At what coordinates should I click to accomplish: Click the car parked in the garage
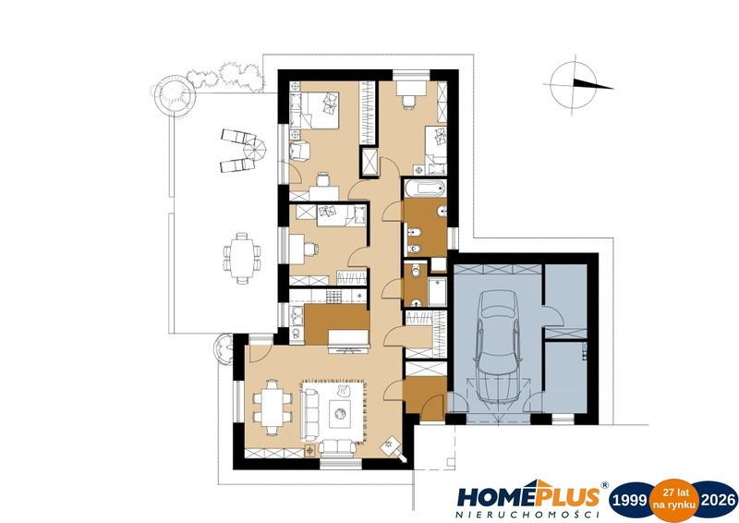pyautogui.click(x=498, y=347)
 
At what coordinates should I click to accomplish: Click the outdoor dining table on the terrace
pyautogui.click(x=242, y=258)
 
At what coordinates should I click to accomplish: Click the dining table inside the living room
pyautogui.click(x=272, y=407)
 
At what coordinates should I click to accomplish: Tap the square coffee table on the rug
pyautogui.click(x=340, y=414)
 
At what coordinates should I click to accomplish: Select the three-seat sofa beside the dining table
pyautogui.click(x=310, y=410)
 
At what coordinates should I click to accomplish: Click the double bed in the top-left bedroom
pyautogui.click(x=320, y=110)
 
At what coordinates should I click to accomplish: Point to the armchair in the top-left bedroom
pyautogui.click(x=298, y=151)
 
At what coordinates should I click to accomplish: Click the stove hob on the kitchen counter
pyautogui.click(x=333, y=296)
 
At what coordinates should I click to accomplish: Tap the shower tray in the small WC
pyautogui.click(x=437, y=291)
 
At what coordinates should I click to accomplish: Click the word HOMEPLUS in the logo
pyautogui.click(x=528, y=496)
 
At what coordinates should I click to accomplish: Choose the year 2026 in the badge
pyautogui.click(x=718, y=499)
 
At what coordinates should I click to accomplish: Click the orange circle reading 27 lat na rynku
pyautogui.click(x=674, y=499)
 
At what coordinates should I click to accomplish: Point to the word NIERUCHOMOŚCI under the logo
pyautogui.click(x=527, y=515)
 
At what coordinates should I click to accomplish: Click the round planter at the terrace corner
pyautogui.click(x=175, y=92)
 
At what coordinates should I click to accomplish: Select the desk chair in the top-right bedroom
pyautogui.click(x=408, y=102)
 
